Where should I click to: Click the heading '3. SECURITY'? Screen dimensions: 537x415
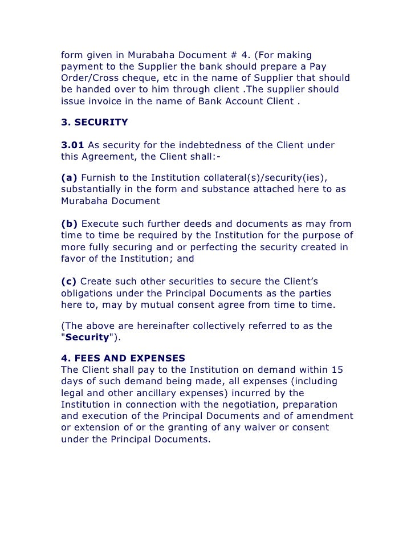pos(94,122)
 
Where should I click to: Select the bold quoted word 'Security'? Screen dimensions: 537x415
pos(86,337)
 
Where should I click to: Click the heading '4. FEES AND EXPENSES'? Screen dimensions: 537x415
pos(123,358)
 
